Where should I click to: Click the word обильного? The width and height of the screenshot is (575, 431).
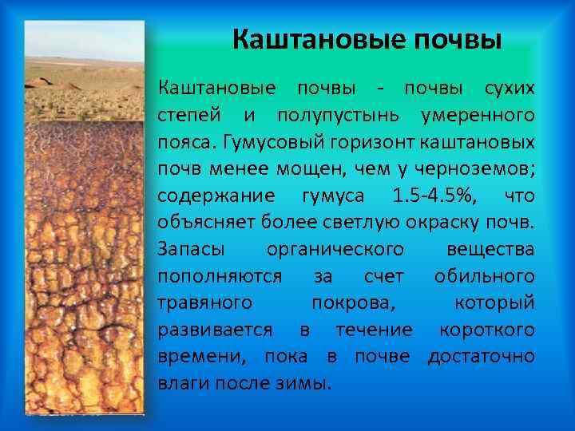484,276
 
